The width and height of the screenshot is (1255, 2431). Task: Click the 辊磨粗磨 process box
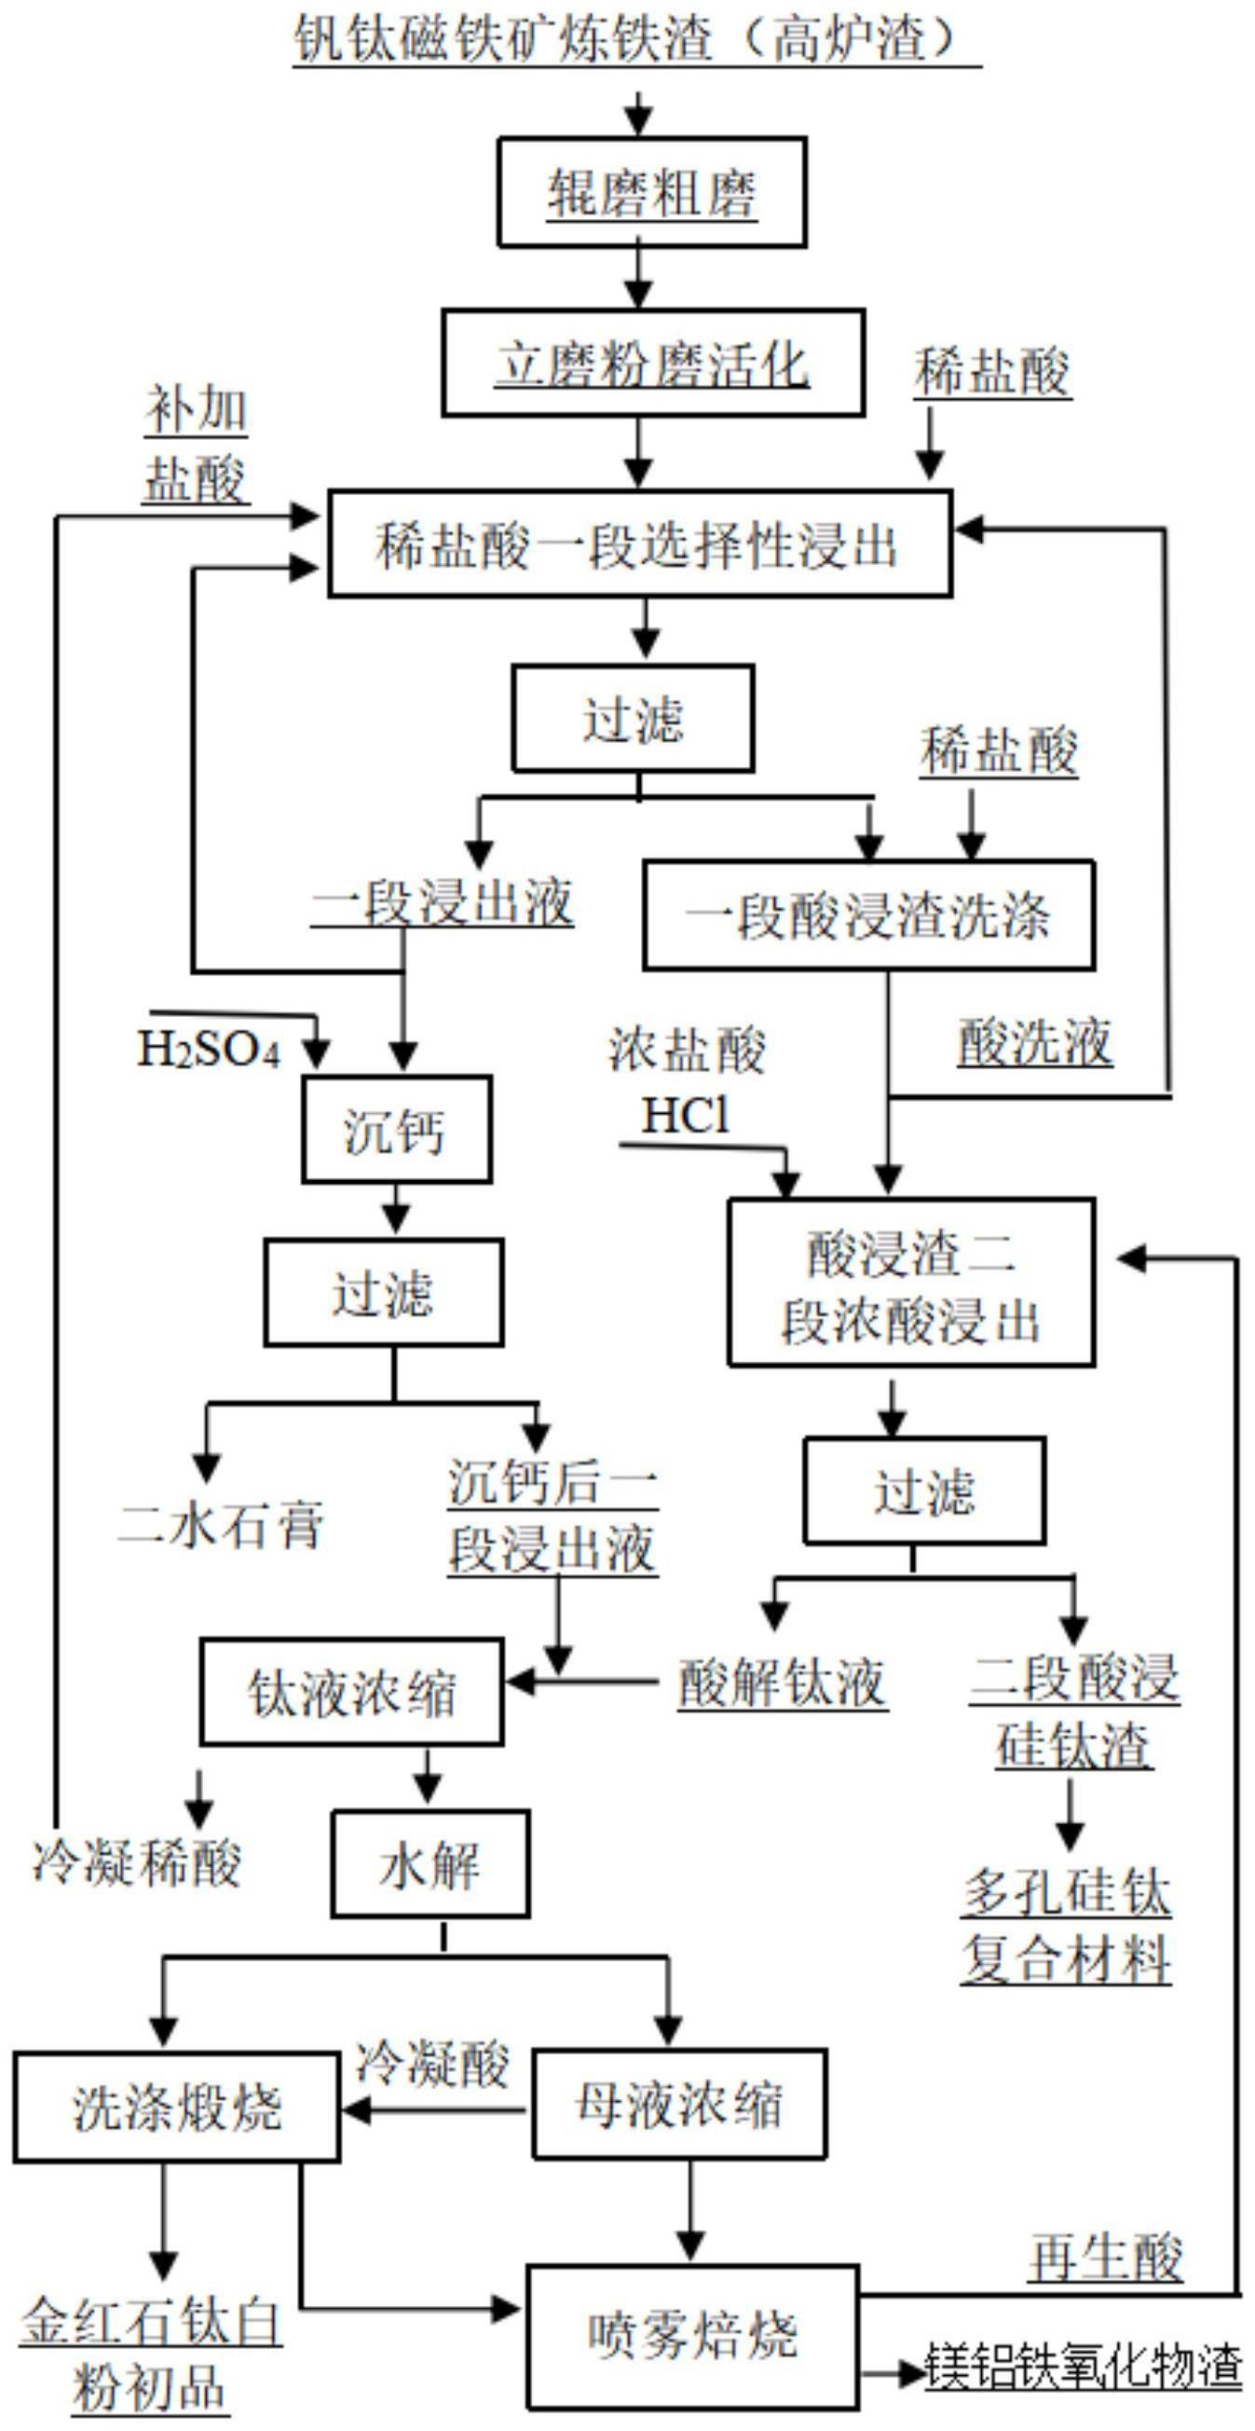(x=651, y=193)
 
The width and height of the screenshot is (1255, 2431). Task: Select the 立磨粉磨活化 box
(x=653, y=364)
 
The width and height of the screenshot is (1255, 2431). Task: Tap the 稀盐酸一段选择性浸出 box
(x=639, y=543)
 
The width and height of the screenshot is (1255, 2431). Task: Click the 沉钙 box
(x=396, y=1130)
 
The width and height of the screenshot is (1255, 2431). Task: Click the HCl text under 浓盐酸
(x=685, y=1117)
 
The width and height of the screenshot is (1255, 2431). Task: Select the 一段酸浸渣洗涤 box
(x=868, y=914)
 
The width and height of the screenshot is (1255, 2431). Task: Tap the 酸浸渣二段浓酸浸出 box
(x=910, y=1283)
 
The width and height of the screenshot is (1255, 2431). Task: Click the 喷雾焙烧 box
(x=692, y=2337)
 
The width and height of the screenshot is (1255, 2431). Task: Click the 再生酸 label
(x=1105, y=2259)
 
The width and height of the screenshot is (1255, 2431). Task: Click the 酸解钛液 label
(x=783, y=1682)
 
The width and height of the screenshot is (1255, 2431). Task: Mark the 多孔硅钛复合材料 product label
(x=1066, y=1927)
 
